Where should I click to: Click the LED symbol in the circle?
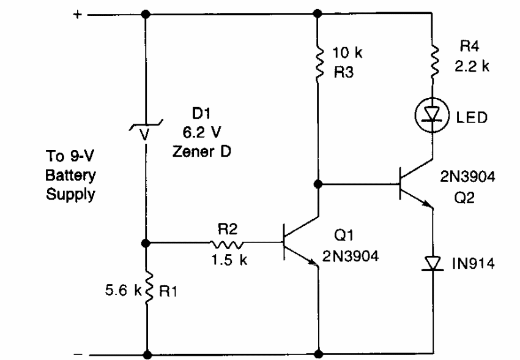pyautogui.click(x=432, y=115)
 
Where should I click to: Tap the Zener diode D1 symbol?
pyautogui.click(x=146, y=129)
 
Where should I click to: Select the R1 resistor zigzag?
pyautogui.click(x=149, y=288)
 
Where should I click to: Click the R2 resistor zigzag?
pyautogui.click(x=226, y=245)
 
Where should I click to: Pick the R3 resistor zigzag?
pyautogui.click(x=319, y=62)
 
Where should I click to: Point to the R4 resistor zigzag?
pyautogui.click(x=434, y=61)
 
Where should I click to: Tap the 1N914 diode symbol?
pyautogui.click(x=433, y=264)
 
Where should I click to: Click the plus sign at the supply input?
pyautogui.click(x=77, y=15)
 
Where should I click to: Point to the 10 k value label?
pyautogui.click(x=347, y=53)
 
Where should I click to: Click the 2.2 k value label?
pyautogui.click(x=472, y=66)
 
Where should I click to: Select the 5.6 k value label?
pyautogui.click(x=124, y=290)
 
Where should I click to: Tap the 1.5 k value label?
pyautogui.click(x=229, y=260)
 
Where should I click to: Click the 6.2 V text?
pyautogui.click(x=202, y=132)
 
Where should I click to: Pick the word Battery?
pyautogui.click(x=70, y=176)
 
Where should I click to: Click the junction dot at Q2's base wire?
pyautogui.click(x=318, y=184)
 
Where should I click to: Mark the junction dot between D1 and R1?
pyautogui.click(x=146, y=243)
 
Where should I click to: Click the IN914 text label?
pyautogui.click(x=474, y=263)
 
